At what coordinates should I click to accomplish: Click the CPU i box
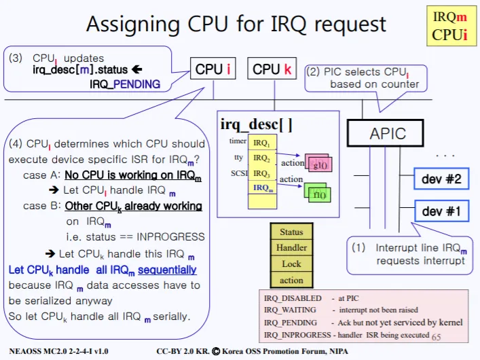point(213,69)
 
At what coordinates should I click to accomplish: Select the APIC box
point(387,134)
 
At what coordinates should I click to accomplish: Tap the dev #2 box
point(441,179)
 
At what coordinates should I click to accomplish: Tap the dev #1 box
point(441,211)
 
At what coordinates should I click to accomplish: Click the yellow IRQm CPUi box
point(450,26)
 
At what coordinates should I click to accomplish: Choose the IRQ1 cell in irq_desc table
point(261,144)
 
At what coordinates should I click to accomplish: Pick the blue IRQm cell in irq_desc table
point(261,187)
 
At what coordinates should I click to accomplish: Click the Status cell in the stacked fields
point(291,232)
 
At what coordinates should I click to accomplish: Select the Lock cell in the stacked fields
point(291,264)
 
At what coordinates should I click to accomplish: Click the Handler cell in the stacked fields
point(291,247)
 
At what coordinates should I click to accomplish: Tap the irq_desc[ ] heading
point(257,124)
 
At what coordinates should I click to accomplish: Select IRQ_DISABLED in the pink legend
point(293,298)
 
